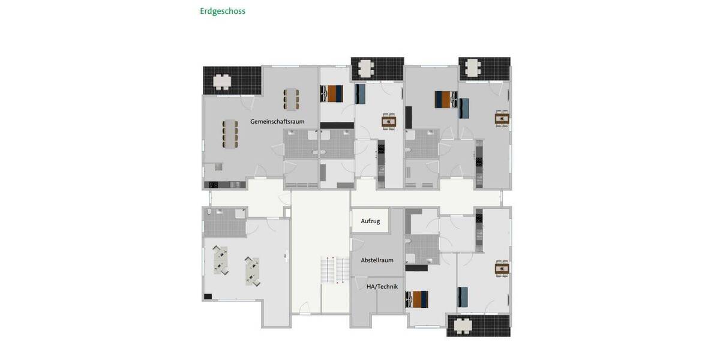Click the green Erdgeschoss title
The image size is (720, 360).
point(223,11)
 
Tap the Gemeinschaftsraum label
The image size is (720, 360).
point(277,121)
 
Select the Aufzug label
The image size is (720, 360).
point(370,221)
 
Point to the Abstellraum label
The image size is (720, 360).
point(377,260)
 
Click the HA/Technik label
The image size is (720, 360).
point(382,287)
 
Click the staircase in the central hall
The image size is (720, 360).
point(335,269)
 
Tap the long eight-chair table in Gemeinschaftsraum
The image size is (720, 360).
point(230,133)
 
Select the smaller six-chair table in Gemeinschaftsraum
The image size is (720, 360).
point(292,99)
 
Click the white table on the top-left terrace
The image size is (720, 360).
point(223,81)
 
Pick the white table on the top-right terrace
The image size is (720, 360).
point(473,67)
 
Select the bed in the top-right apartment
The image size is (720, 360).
point(445,99)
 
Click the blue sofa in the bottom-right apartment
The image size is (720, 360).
point(463,296)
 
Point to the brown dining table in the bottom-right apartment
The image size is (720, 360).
point(502,269)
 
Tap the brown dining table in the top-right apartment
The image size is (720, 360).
point(502,119)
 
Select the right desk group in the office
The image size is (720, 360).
point(252,271)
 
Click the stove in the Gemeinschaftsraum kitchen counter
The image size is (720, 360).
point(212,185)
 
